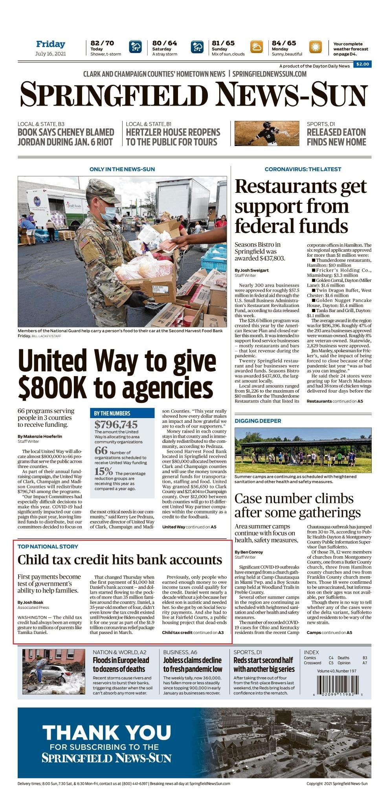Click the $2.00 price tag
[362, 64]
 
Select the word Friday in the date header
[51, 44]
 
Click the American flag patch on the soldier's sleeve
[84, 243]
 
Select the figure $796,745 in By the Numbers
[116, 424]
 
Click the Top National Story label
[48, 546]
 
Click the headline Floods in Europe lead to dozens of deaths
[121, 665]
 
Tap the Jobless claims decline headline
[193, 665]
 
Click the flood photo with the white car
[53, 671]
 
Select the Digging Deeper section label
[258, 421]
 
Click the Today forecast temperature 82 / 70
[102, 43]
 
